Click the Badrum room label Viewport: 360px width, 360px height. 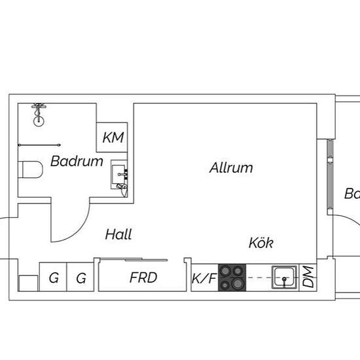pyautogui.click(x=77, y=161)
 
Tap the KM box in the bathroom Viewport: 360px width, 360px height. pyautogui.click(x=113, y=139)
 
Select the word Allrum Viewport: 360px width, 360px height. pyautogui.click(x=231, y=168)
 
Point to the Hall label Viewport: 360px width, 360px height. pyautogui.click(x=118, y=234)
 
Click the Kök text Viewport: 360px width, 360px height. pyautogui.click(x=261, y=243)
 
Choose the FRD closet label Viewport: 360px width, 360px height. pyautogui.click(x=143, y=278)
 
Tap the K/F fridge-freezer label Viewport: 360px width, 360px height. pyautogui.click(x=204, y=278)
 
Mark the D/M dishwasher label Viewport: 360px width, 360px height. pyautogui.click(x=308, y=277)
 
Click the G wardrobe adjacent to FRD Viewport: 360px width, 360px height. pyautogui.click(x=81, y=278)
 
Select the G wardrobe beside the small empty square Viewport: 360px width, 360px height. pyautogui.click(x=53, y=278)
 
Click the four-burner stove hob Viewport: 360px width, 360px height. pyautogui.click(x=232, y=278)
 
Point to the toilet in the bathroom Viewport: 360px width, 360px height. pyautogui.click(x=30, y=170)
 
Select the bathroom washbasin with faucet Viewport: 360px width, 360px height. pyautogui.click(x=120, y=175)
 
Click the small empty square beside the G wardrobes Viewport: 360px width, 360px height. pyautogui.click(x=27, y=283)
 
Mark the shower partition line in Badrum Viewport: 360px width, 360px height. pyautogui.click(x=39, y=145)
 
